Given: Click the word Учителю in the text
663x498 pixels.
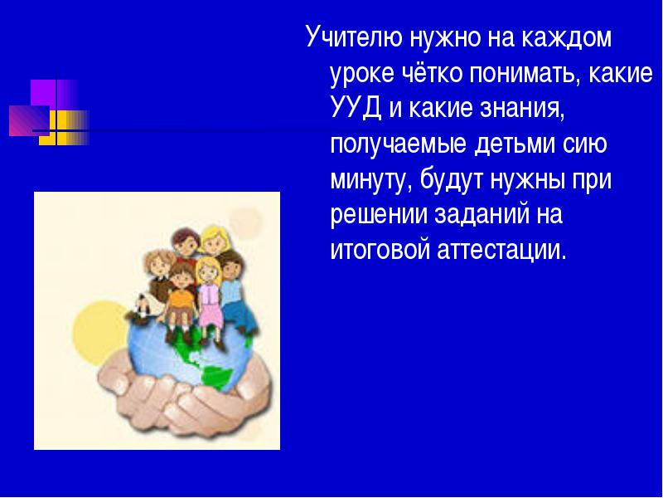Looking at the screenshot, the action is coord(354,37).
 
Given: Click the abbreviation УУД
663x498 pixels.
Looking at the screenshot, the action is coord(356,109).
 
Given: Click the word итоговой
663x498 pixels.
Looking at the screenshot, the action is coord(380,250).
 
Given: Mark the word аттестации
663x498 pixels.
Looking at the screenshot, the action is coord(501,251).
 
